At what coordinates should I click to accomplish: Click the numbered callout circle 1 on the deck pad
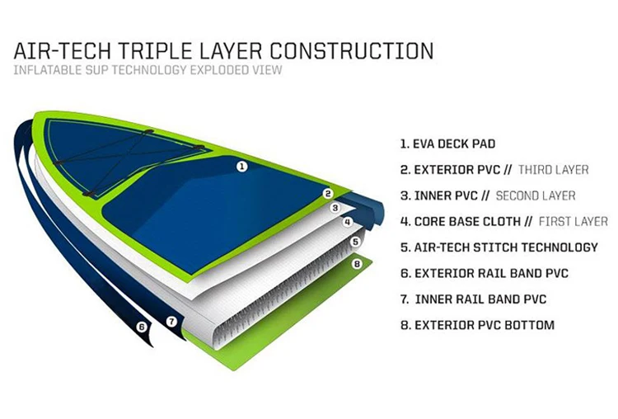[242, 166]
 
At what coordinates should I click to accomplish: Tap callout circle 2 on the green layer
[327, 194]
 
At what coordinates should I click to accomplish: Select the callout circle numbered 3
[335, 208]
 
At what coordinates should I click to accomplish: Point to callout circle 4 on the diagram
[348, 222]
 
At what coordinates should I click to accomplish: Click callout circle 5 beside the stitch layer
[356, 242]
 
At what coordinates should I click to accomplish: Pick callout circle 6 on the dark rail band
[141, 327]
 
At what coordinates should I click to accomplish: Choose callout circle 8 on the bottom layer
[357, 264]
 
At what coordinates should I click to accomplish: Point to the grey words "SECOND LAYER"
[536, 195]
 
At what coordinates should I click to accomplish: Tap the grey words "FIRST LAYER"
[574, 221]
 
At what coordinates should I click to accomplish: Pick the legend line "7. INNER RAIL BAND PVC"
[473, 299]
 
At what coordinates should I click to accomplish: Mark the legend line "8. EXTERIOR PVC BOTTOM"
[477, 325]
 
